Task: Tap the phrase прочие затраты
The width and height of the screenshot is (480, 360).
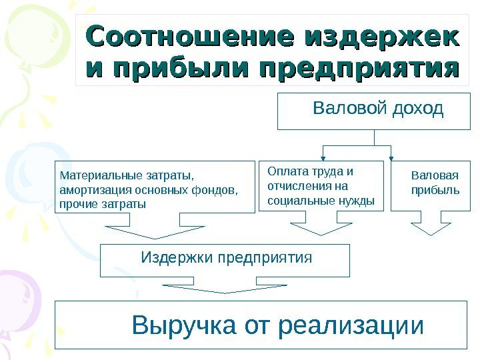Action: tap(102, 203)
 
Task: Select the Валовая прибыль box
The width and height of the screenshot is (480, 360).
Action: tap(430, 186)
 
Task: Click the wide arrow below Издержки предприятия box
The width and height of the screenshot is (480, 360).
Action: tap(225, 289)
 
